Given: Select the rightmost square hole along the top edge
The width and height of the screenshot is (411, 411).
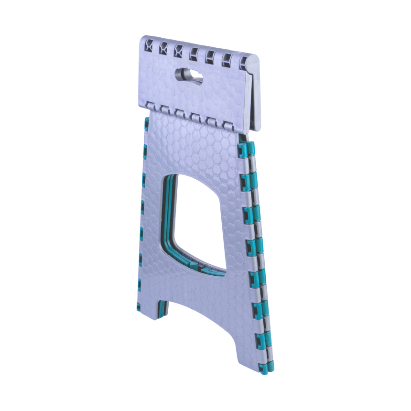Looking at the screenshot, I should pos(243,62).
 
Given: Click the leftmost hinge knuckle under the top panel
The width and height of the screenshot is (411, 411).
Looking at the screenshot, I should pos(150,106).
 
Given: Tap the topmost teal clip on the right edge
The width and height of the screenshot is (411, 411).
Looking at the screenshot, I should pos(245,149).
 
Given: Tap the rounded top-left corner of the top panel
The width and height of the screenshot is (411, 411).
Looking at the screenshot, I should pos(145,39).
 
